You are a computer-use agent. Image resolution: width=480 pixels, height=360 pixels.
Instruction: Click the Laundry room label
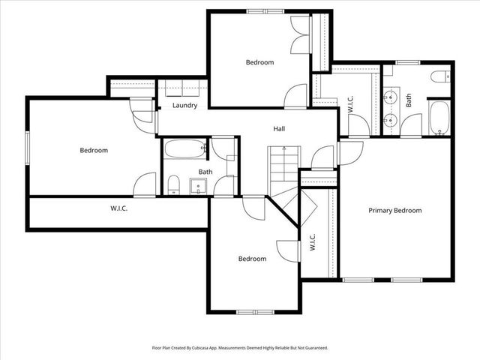point(184,106)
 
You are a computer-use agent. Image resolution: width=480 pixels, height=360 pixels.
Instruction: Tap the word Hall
point(279,129)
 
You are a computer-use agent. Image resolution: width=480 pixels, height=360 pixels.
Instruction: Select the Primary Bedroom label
point(394,211)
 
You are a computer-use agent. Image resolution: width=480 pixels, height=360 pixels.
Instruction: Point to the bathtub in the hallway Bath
point(184,148)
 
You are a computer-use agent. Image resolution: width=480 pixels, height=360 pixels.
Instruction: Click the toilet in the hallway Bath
point(173,184)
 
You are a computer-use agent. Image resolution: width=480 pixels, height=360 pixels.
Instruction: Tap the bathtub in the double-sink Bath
point(439,118)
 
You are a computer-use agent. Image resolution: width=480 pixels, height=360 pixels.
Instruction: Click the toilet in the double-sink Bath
point(440,76)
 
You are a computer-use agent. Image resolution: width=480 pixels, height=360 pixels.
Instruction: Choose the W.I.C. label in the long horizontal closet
point(118,208)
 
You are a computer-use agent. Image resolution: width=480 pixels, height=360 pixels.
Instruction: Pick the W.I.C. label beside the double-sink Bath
point(351,103)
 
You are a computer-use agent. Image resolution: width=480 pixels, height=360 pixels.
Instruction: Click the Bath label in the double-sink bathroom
point(409,100)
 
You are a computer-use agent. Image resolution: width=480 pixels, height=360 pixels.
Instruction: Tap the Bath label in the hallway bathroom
point(205,172)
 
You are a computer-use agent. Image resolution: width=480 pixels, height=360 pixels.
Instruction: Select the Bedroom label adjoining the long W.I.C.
point(94,150)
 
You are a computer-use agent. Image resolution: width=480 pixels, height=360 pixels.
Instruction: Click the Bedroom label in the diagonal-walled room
point(252,259)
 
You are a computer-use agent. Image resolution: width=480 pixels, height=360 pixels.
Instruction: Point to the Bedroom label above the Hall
point(259,62)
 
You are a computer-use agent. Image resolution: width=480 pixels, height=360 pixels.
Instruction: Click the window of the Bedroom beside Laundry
point(28,145)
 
